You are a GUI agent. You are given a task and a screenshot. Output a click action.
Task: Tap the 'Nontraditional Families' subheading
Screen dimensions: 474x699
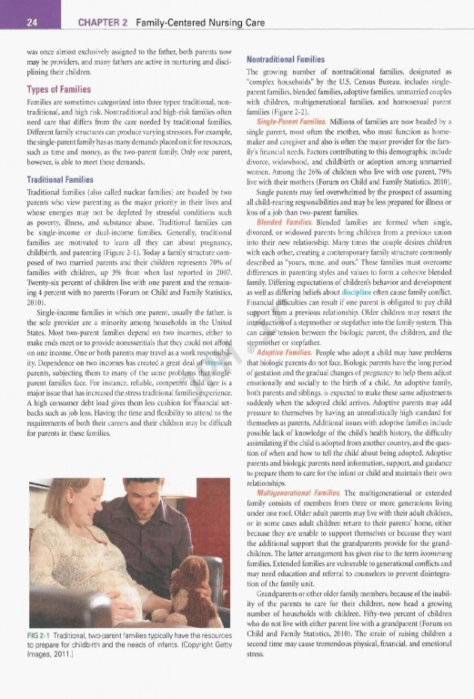tap(289, 58)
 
